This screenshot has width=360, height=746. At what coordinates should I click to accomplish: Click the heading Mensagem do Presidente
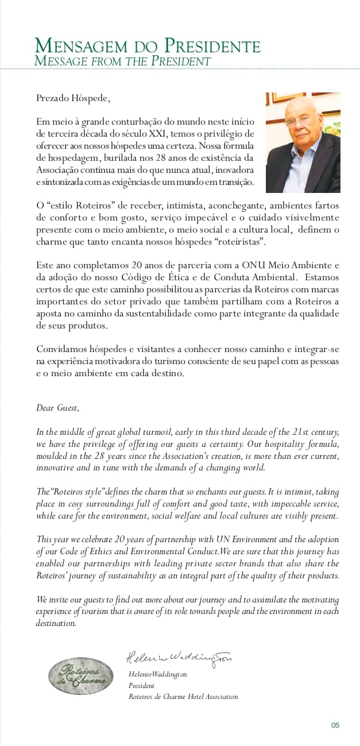pyautogui.click(x=147, y=46)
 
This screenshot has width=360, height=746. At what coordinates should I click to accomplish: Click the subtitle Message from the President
pyautogui.click(x=122, y=61)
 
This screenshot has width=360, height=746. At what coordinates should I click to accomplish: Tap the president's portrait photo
pyautogui.click(x=303, y=142)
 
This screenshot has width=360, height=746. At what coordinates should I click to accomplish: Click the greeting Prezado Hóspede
pyautogui.click(x=73, y=98)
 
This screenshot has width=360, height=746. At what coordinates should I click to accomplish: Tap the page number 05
pyautogui.click(x=335, y=725)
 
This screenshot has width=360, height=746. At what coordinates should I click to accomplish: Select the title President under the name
pyautogui.click(x=141, y=685)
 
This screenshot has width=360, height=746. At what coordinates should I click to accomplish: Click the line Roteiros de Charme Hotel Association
pyautogui.click(x=183, y=697)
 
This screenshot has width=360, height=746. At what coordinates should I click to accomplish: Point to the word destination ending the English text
pyautogui.click(x=56, y=623)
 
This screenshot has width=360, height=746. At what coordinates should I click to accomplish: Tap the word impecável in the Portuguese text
pyautogui.click(x=246, y=218)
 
